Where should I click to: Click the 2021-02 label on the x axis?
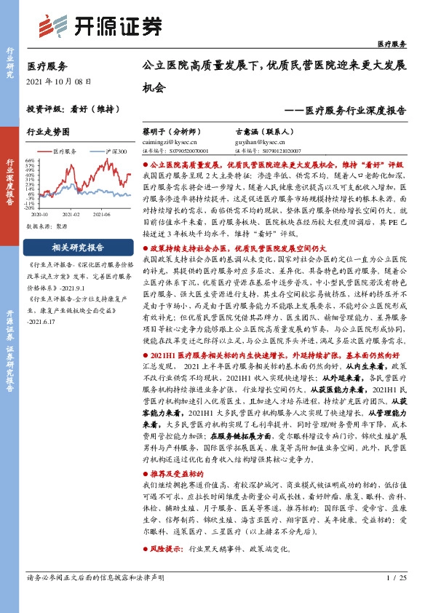click(x=71, y=215)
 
